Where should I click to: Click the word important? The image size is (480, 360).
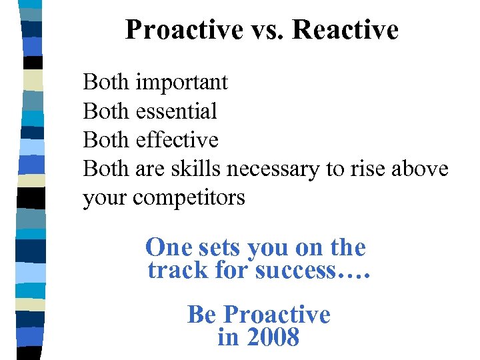(181, 83)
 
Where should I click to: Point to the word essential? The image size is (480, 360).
(176, 111)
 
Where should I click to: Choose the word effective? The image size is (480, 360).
(177, 140)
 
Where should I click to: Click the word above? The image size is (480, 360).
(421, 169)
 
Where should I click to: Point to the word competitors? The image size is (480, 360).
(189, 198)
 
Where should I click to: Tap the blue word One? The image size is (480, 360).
(167, 247)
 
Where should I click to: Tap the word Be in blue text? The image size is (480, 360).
(203, 314)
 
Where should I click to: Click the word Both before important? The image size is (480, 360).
(106, 83)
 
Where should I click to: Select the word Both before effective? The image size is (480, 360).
(106, 140)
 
